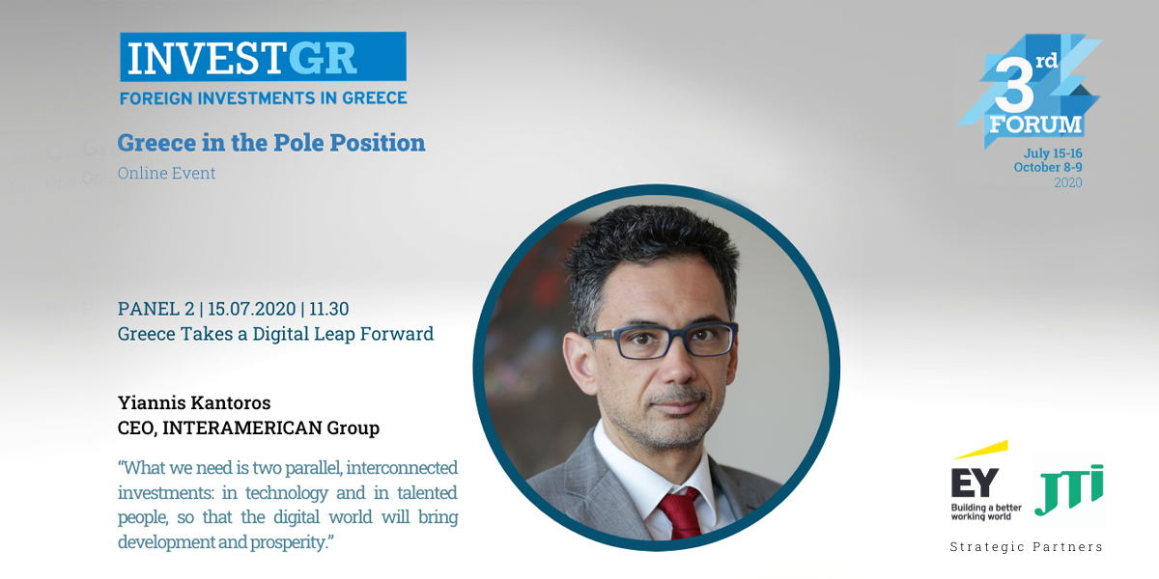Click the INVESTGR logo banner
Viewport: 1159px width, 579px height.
[x=263, y=57]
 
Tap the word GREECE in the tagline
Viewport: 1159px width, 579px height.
[x=375, y=98]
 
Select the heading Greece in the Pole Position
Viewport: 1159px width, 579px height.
[x=271, y=143]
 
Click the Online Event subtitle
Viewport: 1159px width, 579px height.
[x=166, y=173]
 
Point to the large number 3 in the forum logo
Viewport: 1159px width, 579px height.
[x=1014, y=86]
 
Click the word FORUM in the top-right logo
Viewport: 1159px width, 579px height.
[x=1035, y=125]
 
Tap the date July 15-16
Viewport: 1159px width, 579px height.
[x=1053, y=153]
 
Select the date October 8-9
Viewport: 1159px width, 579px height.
[x=1048, y=168]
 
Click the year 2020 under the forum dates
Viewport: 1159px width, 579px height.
[x=1068, y=182]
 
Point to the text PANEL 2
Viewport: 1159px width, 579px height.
[x=155, y=309]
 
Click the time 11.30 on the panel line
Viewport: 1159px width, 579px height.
[x=329, y=309]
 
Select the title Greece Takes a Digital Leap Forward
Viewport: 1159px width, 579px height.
[x=275, y=335]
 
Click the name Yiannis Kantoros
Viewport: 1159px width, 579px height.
[x=194, y=402]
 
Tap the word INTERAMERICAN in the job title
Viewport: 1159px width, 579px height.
[x=242, y=428]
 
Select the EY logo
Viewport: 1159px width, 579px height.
[x=986, y=482]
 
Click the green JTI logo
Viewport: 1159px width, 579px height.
[x=1069, y=489]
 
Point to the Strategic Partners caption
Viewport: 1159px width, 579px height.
[x=1027, y=547]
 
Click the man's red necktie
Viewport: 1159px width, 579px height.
[x=680, y=513]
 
